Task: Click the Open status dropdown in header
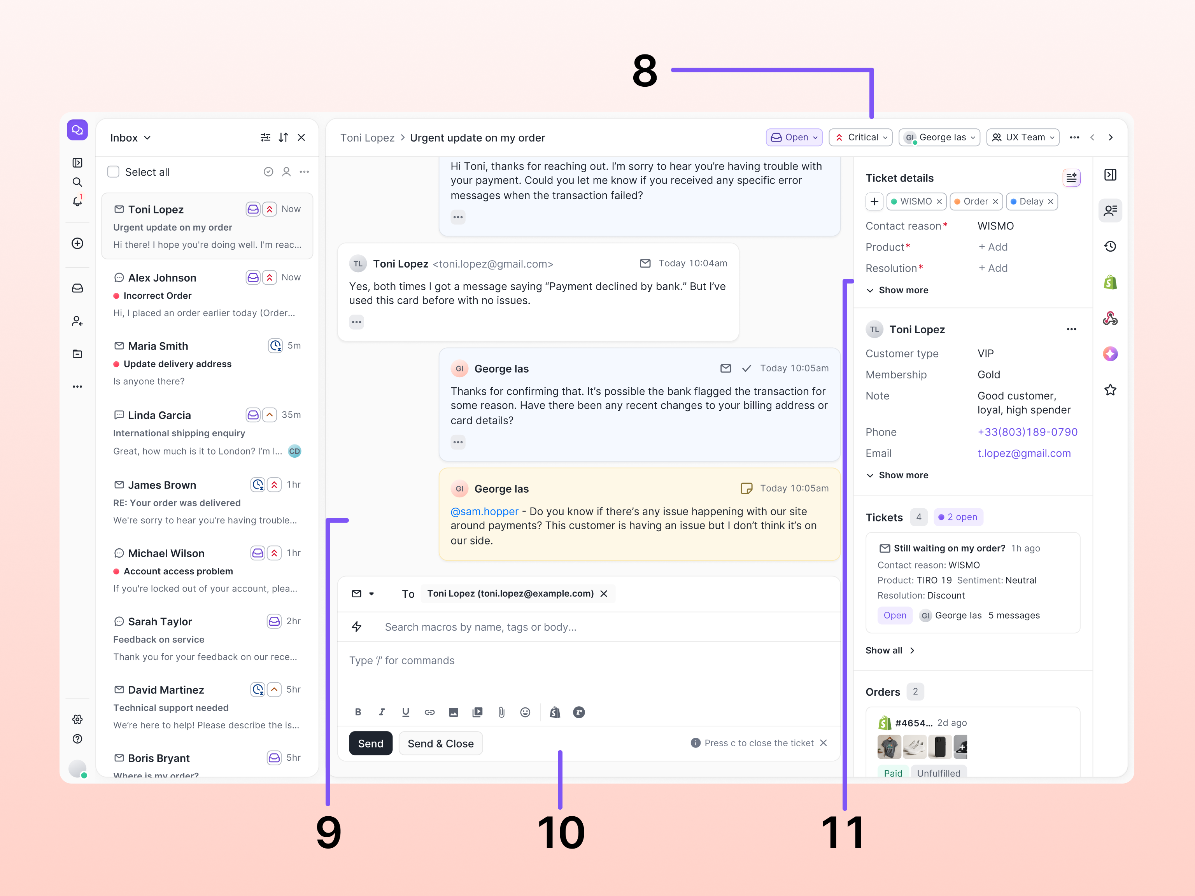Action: (794, 137)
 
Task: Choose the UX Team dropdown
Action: (1023, 137)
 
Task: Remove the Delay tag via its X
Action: (1050, 201)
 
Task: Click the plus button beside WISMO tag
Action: (874, 201)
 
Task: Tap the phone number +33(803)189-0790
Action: (1027, 432)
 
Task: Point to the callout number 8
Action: (645, 71)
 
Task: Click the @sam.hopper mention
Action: (484, 511)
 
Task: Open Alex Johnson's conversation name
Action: (162, 278)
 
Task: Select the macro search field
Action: (480, 627)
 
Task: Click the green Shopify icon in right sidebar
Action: (1110, 282)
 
